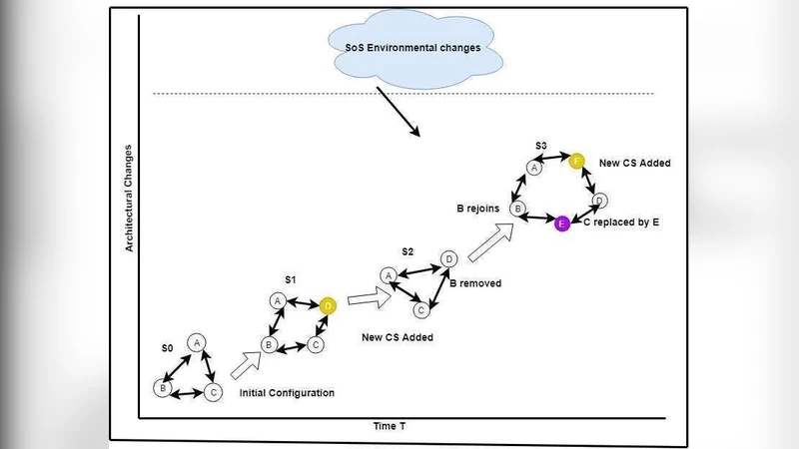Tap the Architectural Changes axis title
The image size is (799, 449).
(129, 198)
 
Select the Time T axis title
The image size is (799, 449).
(390, 426)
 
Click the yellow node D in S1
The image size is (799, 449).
(328, 305)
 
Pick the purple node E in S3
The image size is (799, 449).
(562, 223)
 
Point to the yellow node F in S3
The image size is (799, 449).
(576, 160)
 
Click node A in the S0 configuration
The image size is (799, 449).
(198, 342)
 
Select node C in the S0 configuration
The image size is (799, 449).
(214, 392)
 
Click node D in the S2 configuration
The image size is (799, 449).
(449, 259)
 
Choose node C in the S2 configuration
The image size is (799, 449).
(421, 310)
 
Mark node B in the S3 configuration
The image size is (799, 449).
(517, 210)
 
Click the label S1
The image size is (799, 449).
(290, 282)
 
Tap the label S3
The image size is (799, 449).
(540, 147)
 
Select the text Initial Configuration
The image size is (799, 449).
(287, 393)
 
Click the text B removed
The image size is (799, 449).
(475, 283)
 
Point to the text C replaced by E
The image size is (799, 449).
(621, 223)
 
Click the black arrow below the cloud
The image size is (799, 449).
(399, 114)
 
